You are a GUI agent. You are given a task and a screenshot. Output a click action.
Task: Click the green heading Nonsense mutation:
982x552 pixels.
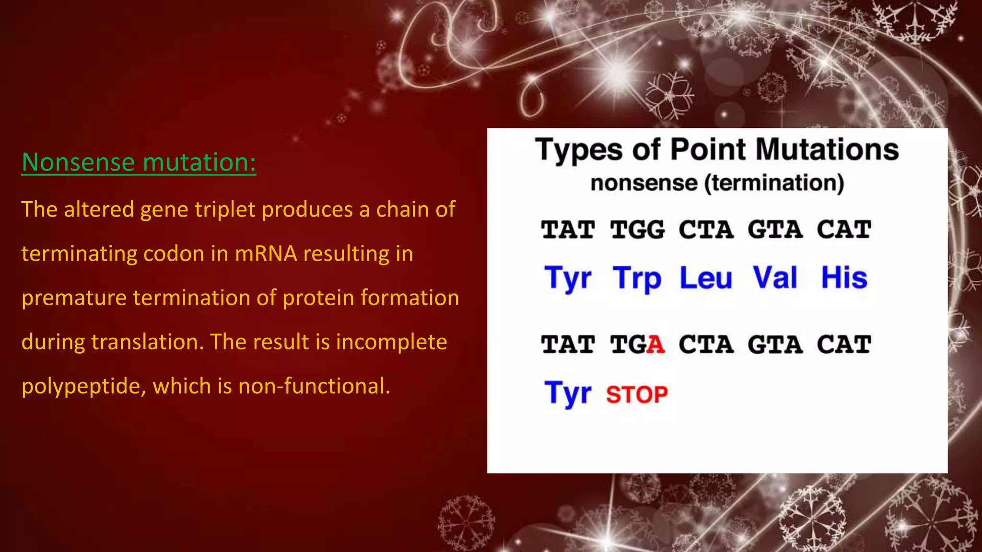click(139, 162)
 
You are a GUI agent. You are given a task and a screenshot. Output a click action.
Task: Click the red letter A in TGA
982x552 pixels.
click(655, 345)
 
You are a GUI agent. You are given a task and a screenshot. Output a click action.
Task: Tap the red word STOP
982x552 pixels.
click(637, 395)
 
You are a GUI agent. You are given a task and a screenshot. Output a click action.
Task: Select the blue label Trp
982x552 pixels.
click(637, 278)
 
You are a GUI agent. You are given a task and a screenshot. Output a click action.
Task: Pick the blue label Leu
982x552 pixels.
click(706, 278)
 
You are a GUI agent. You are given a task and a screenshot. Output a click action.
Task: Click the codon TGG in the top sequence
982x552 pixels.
click(637, 230)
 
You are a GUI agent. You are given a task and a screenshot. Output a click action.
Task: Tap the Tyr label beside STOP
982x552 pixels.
click(568, 393)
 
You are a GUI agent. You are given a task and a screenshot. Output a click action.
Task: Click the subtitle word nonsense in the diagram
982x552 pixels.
click(644, 183)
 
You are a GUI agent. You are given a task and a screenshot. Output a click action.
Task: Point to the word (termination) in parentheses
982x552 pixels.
click(774, 183)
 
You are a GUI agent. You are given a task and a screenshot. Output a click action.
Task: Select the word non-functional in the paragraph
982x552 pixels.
click(314, 386)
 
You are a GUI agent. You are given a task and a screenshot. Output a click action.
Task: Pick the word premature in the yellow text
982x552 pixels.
click(74, 298)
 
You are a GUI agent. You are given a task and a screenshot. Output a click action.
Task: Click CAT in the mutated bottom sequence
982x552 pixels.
click(844, 345)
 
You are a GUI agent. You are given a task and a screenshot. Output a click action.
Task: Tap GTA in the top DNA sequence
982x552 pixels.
click(775, 230)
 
